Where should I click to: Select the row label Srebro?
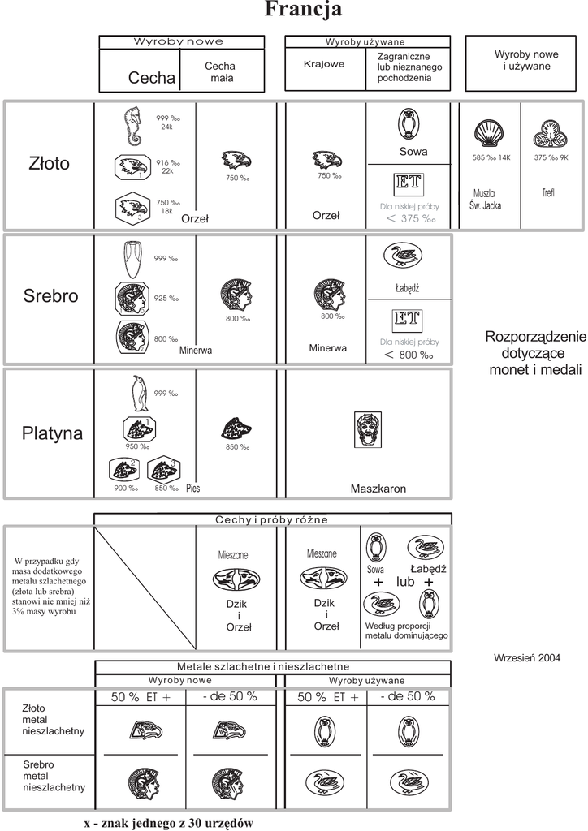click(50, 296)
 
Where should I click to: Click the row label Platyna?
click(52, 433)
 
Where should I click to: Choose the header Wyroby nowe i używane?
click(523, 61)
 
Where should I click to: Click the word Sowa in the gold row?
click(413, 152)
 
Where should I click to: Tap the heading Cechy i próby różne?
click(272, 519)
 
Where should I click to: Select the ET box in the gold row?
click(406, 183)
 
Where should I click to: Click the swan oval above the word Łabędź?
click(404, 256)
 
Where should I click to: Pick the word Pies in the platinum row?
click(192, 489)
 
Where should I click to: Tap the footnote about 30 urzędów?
click(169, 822)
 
